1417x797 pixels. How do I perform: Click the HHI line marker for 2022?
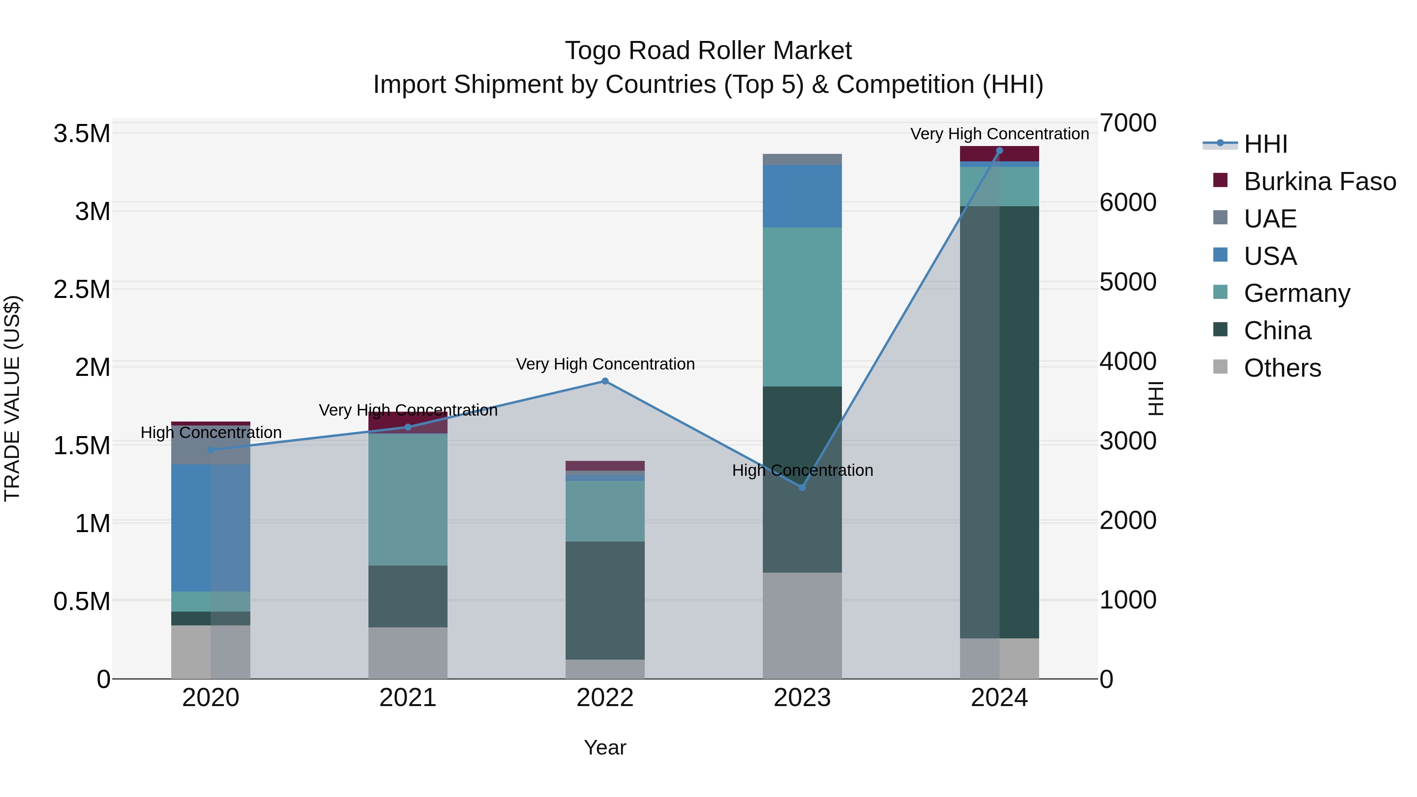605,381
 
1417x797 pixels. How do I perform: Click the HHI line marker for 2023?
802,487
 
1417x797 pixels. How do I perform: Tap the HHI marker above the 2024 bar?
999,151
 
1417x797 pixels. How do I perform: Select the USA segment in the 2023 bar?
802,196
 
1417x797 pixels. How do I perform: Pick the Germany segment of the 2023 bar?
802,307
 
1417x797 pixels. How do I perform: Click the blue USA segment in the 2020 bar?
211,528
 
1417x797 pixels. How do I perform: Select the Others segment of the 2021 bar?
408,653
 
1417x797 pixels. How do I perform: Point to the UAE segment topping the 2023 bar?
802,159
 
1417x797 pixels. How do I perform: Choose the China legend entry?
1277,331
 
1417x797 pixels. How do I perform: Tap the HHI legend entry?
1265,144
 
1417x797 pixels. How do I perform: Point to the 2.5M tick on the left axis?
82,289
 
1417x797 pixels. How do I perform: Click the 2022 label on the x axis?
605,698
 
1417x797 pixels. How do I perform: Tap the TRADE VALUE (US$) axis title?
12,398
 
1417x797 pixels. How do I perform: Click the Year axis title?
605,747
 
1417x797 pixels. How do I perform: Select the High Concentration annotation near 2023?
802,470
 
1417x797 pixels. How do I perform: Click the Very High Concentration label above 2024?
999,134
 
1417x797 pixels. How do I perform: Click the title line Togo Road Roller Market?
708,51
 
